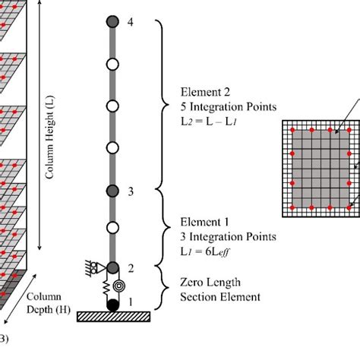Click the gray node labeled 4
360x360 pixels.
click(112, 23)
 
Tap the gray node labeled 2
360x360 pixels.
click(112, 267)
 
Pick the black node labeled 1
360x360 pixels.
click(112, 305)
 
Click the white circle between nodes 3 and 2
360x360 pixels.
click(112, 227)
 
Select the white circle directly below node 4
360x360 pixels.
click(112, 64)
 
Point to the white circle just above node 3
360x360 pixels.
click(112, 147)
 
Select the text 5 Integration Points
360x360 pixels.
click(222, 106)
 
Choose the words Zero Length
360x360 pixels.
click(209, 279)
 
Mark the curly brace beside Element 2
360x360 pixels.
click(161, 103)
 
